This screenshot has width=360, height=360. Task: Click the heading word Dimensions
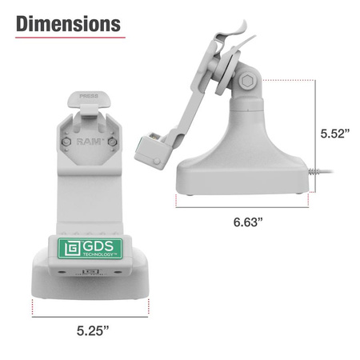pos(69,23)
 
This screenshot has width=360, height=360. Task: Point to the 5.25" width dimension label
pos(90,329)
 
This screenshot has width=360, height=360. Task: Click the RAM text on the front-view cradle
pos(88,142)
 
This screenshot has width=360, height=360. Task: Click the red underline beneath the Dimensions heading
pos(69,37)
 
